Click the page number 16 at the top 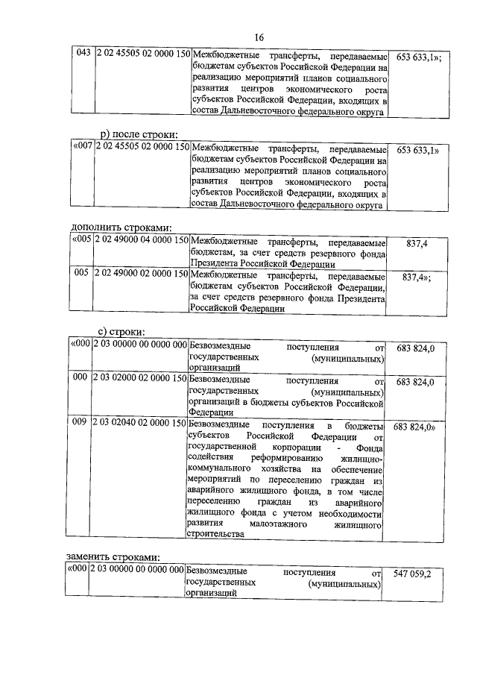[259, 38]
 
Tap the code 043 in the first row [83, 54]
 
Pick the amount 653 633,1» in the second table [418, 150]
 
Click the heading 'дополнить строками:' [121, 227]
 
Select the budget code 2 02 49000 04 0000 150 [142, 242]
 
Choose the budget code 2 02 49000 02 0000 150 [142, 274]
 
